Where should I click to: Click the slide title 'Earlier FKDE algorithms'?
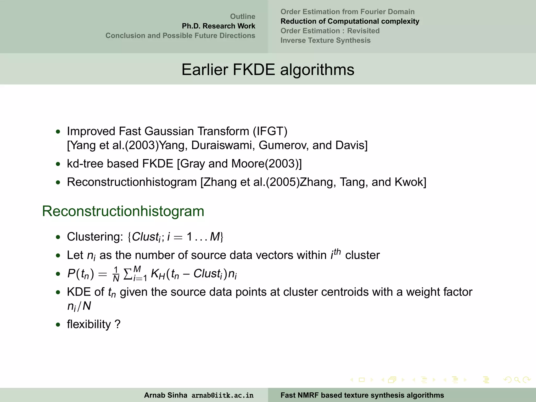coord(268,70)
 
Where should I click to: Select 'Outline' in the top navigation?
coord(242,16)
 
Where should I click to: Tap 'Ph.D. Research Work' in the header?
coord(218,26)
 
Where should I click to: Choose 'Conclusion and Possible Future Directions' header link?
coord(180,36)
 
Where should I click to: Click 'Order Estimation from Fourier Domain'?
coord(347,12)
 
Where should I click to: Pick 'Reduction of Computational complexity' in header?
coord(350,21)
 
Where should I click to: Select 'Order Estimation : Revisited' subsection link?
coord(330,31)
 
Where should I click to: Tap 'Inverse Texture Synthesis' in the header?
coord(325,40)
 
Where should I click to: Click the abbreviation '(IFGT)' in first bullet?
coord(270,131)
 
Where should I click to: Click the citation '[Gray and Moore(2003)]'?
coord(239,164)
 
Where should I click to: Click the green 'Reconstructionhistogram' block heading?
coord(123,211)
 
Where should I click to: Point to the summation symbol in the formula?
coord(127,274)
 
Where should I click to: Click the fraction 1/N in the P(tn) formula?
coord(116,274)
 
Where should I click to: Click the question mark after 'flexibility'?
coord(118,325)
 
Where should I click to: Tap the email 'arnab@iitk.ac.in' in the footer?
coord(222,395)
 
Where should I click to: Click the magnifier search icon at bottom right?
coord(517,380)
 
